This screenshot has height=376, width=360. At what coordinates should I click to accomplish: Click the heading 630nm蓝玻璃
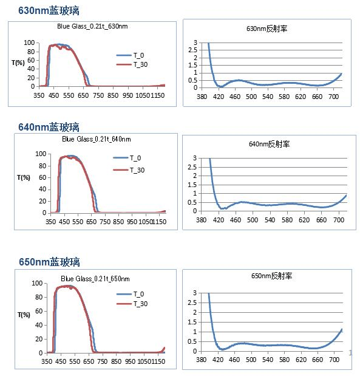click(x=49, y=11)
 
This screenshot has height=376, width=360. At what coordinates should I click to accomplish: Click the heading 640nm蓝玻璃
click(x=49, y=127)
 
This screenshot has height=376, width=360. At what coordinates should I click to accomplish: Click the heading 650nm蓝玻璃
click(x=49, y=262)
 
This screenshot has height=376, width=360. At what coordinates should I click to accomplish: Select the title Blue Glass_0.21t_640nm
click(x=96, y=139)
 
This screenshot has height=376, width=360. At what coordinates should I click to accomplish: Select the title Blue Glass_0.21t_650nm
click(x=95, y=278)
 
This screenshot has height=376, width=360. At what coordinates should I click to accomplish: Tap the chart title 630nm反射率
click(x=263, y=29)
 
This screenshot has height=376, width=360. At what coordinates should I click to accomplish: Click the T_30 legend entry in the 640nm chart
click(x=138, y=170)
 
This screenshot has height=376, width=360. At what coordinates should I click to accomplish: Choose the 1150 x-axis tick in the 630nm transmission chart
click(x=157, y=95)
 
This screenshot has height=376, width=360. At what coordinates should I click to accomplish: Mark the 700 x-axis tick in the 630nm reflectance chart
click(x=333, y=96)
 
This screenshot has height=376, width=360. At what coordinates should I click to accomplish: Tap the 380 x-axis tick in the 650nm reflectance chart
click(x=201, y=360)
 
